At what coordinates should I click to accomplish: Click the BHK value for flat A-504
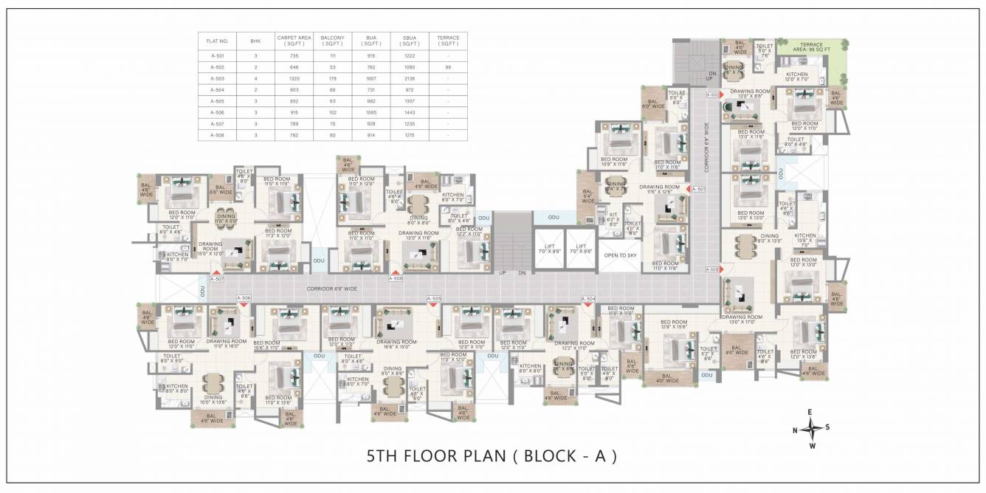click(255, 89)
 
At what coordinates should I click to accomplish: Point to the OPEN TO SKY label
click(620, 255)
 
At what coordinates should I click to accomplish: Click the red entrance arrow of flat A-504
click(588, 303)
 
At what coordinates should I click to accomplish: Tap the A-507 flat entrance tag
click(217, 279)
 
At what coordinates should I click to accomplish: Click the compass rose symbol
click(810, 429)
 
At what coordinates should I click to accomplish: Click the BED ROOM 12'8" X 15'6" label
click(674, 325)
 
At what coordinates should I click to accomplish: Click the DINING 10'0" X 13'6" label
click(213, 400)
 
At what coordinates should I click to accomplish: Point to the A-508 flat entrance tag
click(396, 279)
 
